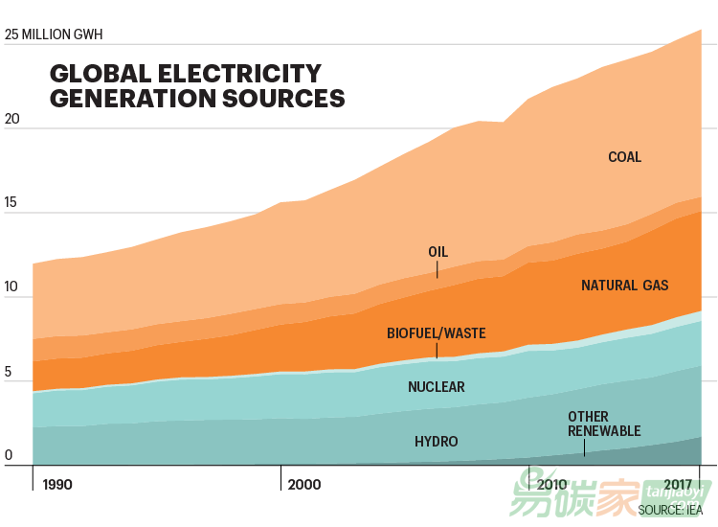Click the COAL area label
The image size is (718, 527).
pos(625,157)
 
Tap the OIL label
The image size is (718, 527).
pos(438,252)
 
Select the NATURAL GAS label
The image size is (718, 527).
pos(624,286)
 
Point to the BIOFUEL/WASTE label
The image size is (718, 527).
pos(437,333)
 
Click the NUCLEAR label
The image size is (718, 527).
pos(437,387)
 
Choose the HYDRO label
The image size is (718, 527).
pos(437,442)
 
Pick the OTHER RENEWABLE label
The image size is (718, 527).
pos(604,424)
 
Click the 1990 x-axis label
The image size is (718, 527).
pos(57,485)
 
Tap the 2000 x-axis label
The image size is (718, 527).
pos(304,485)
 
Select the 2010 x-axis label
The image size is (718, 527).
pos(552,485)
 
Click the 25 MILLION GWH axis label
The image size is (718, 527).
pos(54,35)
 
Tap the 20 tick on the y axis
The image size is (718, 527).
pos(12,121)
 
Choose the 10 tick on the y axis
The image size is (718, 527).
pos(11,287)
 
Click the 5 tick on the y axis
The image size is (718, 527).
pos(9,372)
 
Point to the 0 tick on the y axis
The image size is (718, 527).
pos(9,456)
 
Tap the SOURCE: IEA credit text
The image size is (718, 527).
pos(671,510)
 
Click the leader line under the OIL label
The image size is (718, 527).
pos(438,269)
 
